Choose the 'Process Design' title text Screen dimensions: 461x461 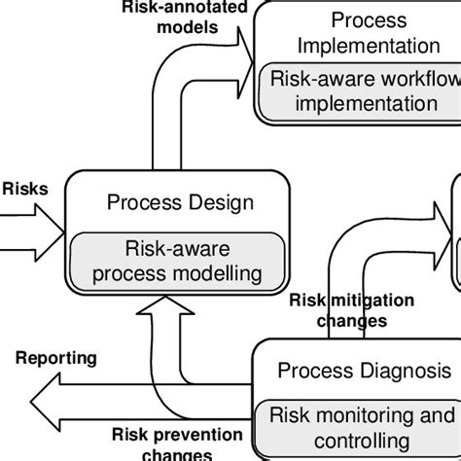pyautogui.click(x=180, y=202)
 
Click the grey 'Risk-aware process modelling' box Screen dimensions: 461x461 pyautogui.click(x=180, y=261)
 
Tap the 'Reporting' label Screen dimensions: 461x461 pyautogui.click(x=56, y=358)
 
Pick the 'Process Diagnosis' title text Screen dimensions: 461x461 pyautogui.click(x=364, y=371)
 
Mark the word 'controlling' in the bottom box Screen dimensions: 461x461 pyautogui.click(x=361, y=442)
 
